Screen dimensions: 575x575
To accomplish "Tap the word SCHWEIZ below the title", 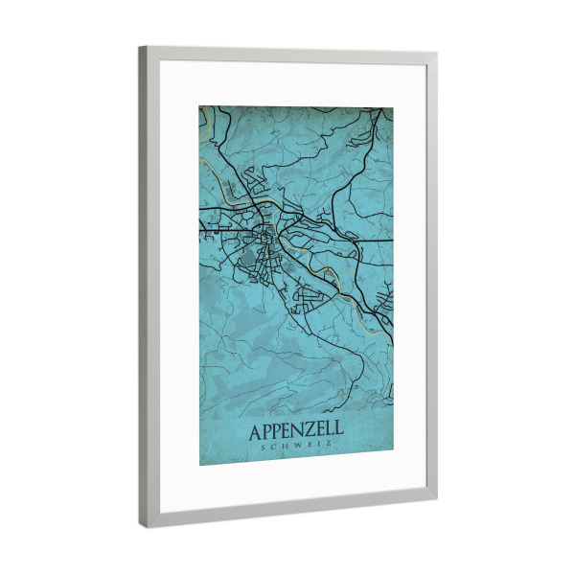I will tap(295, 447).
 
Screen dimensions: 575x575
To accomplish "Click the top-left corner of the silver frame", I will tap(140, 47).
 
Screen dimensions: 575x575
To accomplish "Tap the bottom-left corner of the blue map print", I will tap(200, 466).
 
